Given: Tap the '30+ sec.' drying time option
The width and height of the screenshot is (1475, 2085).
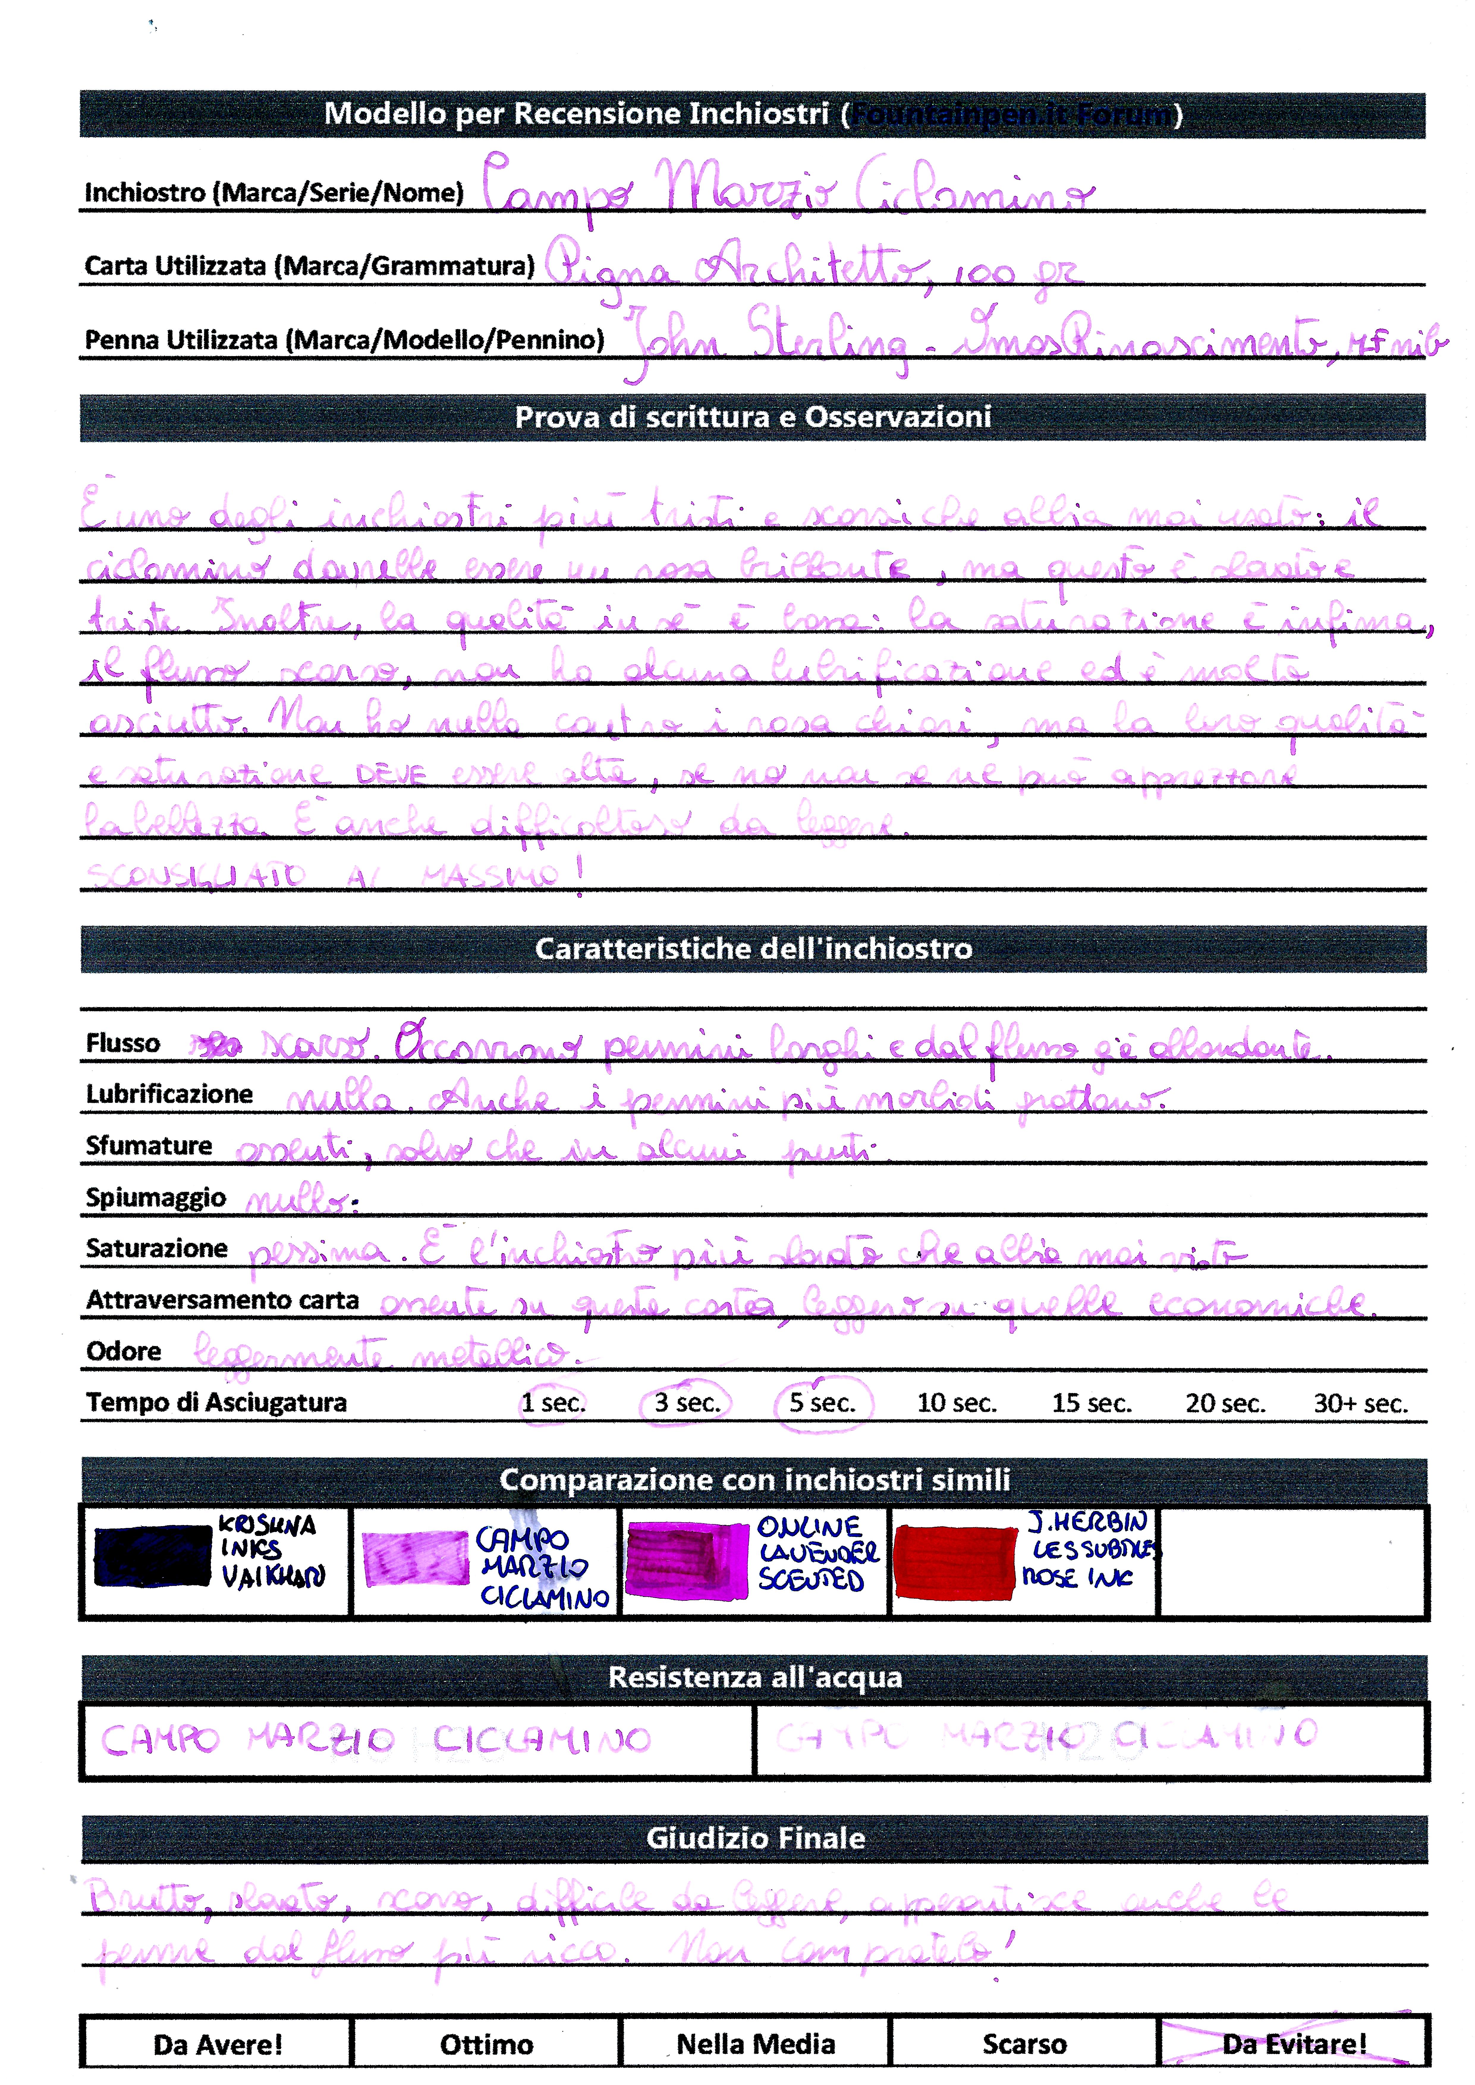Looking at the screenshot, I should pos(1360,1404).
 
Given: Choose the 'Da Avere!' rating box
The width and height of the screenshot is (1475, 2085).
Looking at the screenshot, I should pos(217,2045).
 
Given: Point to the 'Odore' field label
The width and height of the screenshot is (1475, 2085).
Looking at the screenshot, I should pos(124,1351).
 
